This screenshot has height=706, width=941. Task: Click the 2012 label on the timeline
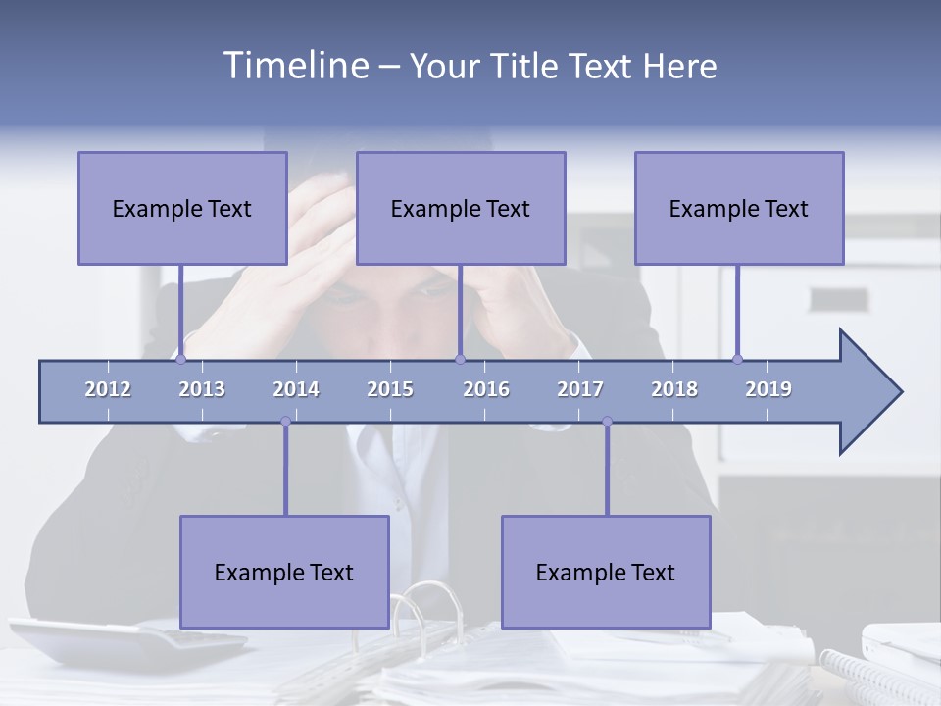108,389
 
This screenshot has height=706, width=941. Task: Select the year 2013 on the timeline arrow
202,389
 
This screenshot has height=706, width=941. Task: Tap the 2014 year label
296,389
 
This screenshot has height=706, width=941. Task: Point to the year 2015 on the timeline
390,389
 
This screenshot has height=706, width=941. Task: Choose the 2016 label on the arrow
486,389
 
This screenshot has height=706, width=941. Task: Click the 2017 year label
580,389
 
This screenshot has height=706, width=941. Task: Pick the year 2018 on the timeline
674,389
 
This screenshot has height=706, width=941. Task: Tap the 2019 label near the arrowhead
768,389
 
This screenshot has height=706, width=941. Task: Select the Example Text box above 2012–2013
182,208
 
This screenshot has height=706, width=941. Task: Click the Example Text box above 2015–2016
461,208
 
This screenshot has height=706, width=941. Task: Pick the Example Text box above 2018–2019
739,208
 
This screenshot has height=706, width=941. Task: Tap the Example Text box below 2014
284,572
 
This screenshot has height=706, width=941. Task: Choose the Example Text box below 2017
606,572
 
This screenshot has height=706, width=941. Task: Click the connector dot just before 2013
181,359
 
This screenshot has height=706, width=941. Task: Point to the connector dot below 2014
285,422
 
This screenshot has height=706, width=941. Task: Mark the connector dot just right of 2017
607,422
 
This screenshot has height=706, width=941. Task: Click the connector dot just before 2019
738,359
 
